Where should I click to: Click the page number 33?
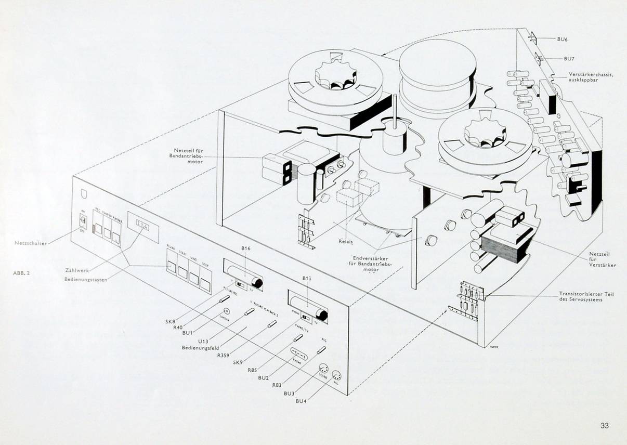pyautogui.click(x=604, y=426)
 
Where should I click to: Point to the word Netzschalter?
pyautogui.click(x=31, y=243)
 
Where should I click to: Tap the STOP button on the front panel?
pyautogui.click(x=206, y=284)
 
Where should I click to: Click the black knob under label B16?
pyautogui.click(x=256, y=282)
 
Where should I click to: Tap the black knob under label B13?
pyautogui.click(x=322, y=315)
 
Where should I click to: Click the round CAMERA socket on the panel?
pyautogui.click(x=226, y=311)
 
